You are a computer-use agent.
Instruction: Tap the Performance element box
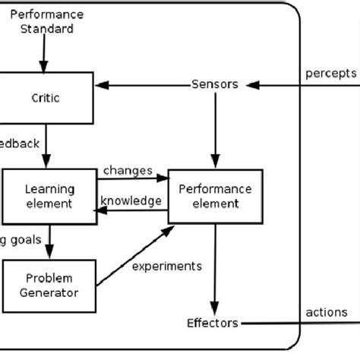215,196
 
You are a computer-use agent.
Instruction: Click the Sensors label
214,84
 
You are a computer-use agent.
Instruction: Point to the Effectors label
213,322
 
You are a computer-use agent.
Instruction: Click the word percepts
330,73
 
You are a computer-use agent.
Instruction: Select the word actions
327,311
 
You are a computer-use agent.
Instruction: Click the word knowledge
132,201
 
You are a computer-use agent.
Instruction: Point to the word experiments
166,266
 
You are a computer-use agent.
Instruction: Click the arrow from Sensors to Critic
144,84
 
